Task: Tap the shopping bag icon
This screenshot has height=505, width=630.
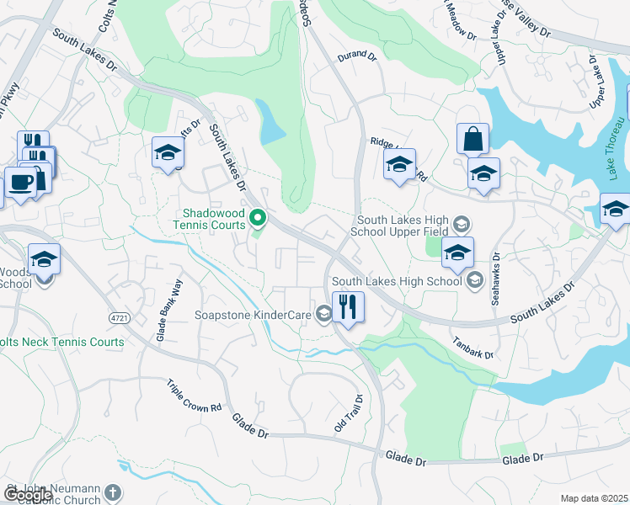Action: pyautogui.click(x=472, y=139)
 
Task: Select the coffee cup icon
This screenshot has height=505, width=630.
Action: pyautogui.click(x=19, y=182)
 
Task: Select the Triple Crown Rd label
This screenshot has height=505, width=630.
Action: pyautogui.click(x=194, y=394)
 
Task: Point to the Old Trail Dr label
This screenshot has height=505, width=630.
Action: pyautogui.click(x=349, y=413)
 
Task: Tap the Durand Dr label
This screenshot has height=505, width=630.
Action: pyautogui.click(x=355, y=56)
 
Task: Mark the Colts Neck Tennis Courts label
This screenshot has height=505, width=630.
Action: pyautogui.click(x=61, y=342)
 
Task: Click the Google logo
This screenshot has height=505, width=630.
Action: pyautogui.click(x=28, y=496)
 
